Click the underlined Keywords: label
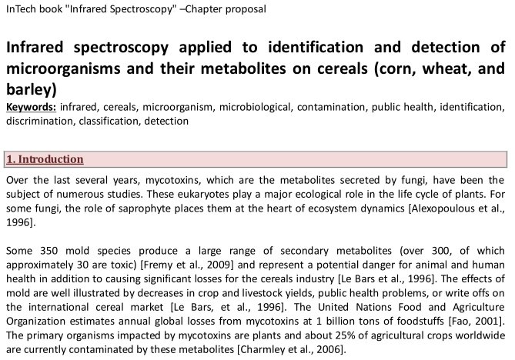(x=31, y=107)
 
